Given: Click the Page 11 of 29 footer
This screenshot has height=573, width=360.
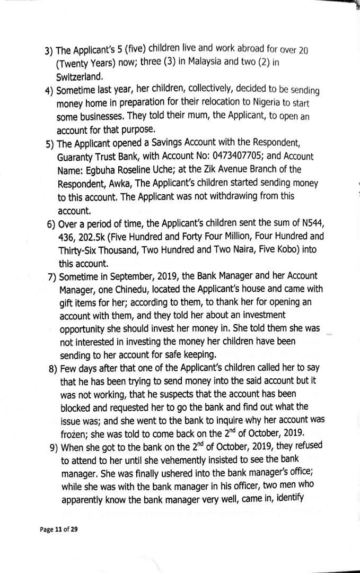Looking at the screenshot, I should (x=58, y=529).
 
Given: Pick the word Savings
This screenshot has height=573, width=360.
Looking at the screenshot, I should (x=157, y=143).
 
